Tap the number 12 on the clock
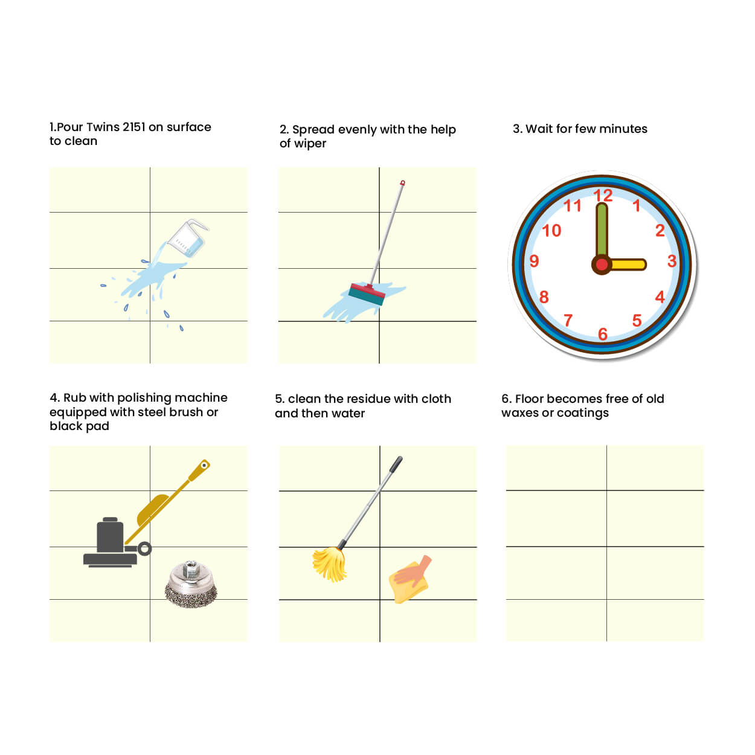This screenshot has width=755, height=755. (603, 196)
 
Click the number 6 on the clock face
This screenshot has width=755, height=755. (603, 334)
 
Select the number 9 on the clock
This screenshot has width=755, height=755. (534, 261)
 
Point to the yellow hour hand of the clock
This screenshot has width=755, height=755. (627, 264)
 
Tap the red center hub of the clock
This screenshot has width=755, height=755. (602, 265)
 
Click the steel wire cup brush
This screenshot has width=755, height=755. (190, 584)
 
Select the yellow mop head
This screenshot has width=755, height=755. (330, 565)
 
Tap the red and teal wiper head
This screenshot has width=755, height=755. (367, 294)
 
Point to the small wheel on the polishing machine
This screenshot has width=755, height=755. (144, 549)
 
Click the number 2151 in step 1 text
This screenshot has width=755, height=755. (133, 127)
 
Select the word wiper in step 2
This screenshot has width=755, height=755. (310, 144)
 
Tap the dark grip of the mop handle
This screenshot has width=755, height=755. (396, 464)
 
